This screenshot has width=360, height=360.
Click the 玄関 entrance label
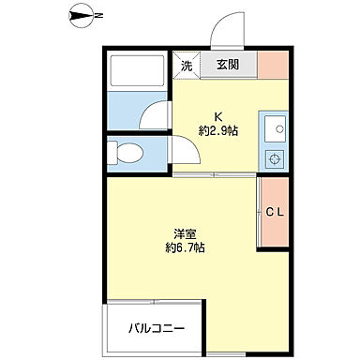(x=228, y=66)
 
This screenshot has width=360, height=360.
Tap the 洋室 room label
(x=183, y=233)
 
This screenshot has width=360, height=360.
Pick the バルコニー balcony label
(x=157, y=329)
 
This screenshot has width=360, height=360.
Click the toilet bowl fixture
(x=125, y=153)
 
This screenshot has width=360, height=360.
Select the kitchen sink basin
(x=274, y=127)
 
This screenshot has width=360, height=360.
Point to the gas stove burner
(x=274, y=157)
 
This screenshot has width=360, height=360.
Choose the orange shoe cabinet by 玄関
(x=273, y=66)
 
